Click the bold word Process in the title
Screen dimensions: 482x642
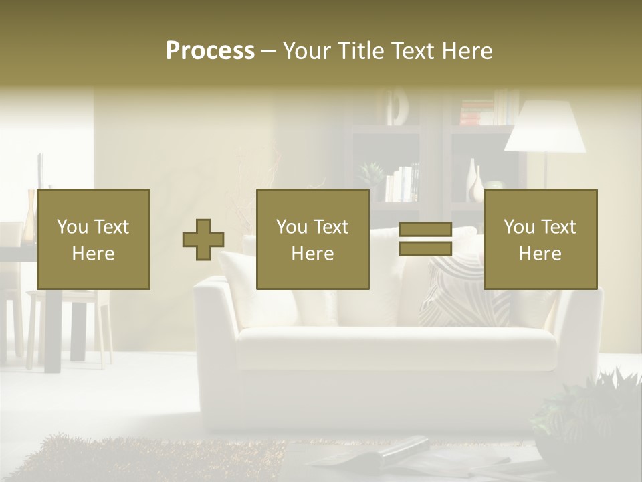pos(210,51)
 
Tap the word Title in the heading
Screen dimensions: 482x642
pos(360,51)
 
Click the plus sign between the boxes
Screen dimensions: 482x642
pos(203,240)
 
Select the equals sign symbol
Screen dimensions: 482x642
pos(425,239)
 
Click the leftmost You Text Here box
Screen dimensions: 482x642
pos(94,239)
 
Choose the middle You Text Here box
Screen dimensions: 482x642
pos(313,239)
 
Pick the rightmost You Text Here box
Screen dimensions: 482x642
pos(540,239)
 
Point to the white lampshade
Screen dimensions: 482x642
pos(545,127)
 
